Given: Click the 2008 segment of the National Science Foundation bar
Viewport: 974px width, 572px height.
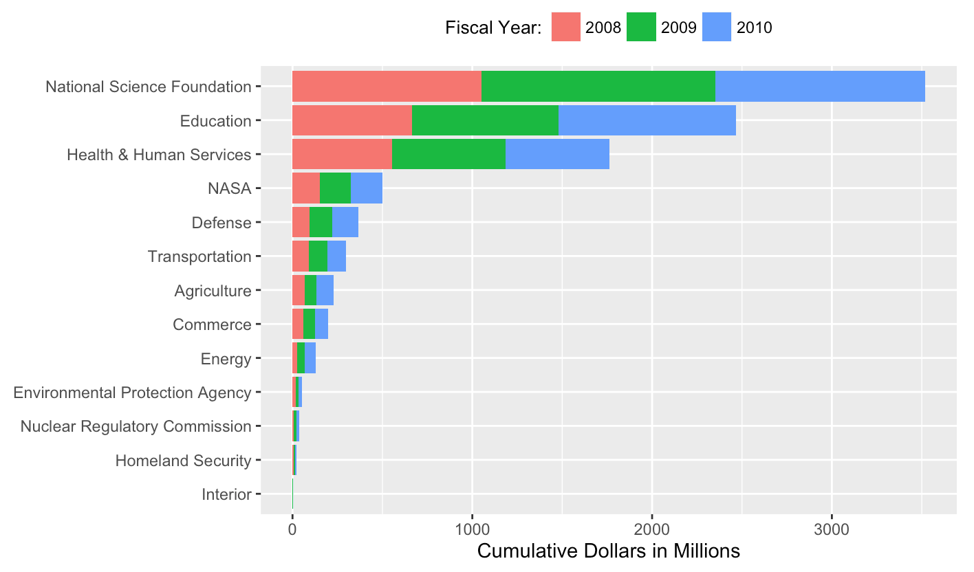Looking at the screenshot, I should [x=387, y=87].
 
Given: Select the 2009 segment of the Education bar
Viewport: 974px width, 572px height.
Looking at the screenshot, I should [x=485, y=120].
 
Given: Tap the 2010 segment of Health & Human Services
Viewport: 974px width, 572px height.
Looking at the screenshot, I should [x=557, y=154].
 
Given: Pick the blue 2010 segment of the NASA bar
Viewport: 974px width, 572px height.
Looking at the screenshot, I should [x=367, y=188].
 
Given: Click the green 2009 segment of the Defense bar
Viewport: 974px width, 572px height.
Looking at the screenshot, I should [x=321, y=222].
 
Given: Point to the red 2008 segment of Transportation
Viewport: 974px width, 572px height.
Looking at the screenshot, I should [x=301, y=256].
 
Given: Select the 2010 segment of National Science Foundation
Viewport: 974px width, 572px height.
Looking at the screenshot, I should [x=820, y=87].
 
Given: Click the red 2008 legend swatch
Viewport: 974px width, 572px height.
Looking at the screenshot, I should [x=566, y=27].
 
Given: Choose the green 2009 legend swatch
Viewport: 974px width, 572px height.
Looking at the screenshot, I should [x=641, y=27].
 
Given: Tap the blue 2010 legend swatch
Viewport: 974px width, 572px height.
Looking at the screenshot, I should [x=717, y=27].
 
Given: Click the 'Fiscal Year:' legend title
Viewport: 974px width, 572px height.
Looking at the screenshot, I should [x=493, y=27].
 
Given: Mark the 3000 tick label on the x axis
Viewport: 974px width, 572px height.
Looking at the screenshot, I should [x=832, y=530].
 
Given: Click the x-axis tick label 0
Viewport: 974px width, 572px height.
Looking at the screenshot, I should [x=292, y=530].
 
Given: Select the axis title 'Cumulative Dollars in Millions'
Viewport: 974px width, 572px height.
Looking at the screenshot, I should [x=608, y=551].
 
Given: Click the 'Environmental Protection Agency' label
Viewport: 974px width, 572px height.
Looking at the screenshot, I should [x=132, y=393].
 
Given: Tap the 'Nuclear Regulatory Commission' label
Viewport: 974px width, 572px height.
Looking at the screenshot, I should [x=136, y=426].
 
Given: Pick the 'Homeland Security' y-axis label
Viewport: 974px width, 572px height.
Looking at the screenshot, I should [x=183, y=460].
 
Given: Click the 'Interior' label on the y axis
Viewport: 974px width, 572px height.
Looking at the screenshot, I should [x=226, y=494].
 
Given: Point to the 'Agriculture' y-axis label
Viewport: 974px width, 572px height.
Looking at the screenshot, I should [x=213, y=290].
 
